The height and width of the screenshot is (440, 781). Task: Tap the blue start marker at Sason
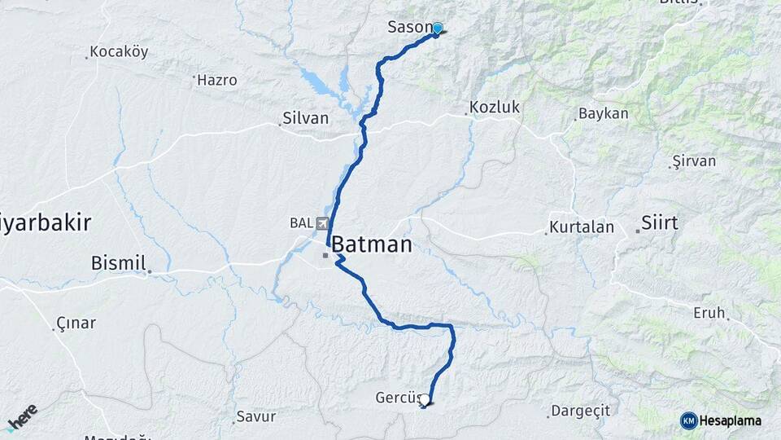(438, 29)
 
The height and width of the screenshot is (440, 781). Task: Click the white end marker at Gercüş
(424, 399)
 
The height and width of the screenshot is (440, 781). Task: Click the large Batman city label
(372, 244)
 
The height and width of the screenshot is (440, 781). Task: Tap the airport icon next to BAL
(324, 223)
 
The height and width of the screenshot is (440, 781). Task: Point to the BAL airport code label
(300, 223)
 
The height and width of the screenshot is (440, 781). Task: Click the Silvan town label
(305, 119)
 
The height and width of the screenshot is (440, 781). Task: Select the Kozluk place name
(494, 108)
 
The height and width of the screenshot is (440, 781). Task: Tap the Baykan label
(603, 114)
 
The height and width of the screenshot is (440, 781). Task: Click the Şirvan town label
(694, 161)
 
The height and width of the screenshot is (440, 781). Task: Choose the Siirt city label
(659, 223)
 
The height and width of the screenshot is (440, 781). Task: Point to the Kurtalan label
(581, 227)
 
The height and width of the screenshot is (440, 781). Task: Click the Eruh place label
(709, 313)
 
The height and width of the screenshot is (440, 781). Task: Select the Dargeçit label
(580, 411)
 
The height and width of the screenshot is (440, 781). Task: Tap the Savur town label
(255, 416)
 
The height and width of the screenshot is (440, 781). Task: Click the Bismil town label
(119, 263)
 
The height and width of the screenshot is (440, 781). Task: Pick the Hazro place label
(217, 81)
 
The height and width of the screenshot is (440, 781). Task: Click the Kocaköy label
(119, 52)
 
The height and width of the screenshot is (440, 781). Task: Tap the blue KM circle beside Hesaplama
(689, 420)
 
